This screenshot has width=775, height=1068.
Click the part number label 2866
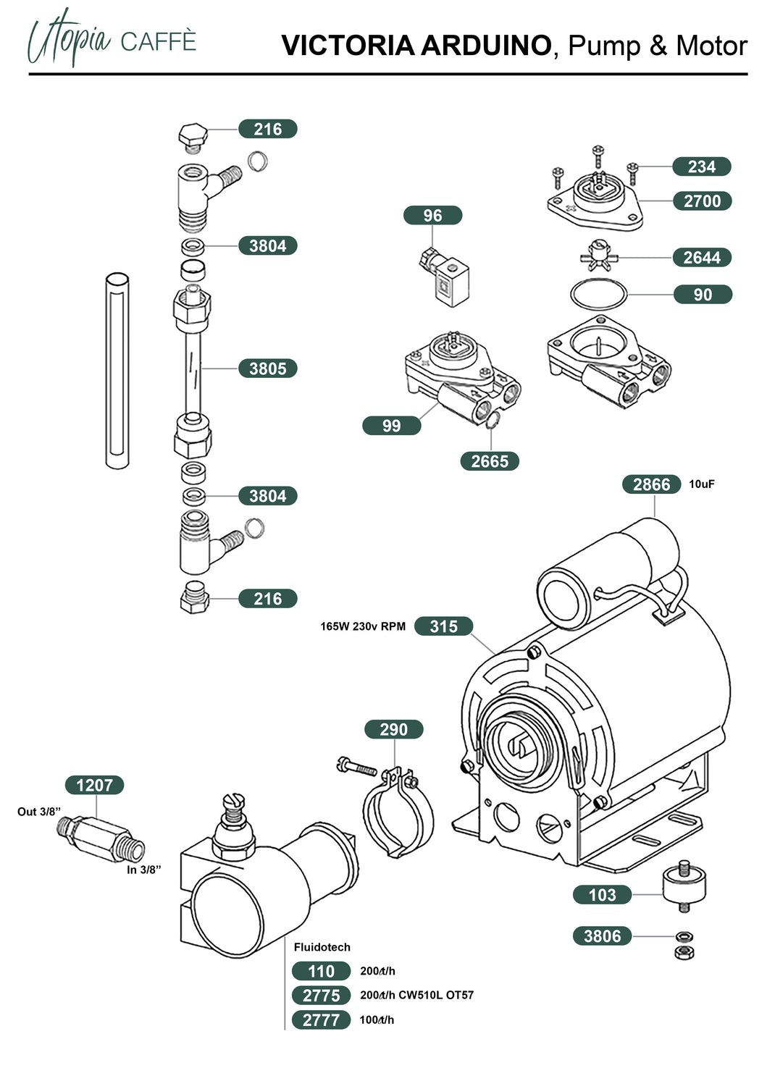[651, 484]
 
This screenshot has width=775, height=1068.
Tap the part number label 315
[443, 626]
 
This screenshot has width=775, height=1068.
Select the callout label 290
[393, 729]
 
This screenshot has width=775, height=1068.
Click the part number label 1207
[94, 785]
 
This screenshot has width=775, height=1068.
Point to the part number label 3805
[267, 369]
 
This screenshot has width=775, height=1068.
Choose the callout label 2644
[702, 258]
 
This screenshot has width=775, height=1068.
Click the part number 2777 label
[321, 1020]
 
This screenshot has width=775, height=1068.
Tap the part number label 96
[432, 216]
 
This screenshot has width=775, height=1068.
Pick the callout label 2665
[490, 461]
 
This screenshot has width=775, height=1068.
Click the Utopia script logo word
[69, 38]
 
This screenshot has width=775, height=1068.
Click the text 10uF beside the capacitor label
[701, 484]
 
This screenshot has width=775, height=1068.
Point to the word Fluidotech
[322, 947]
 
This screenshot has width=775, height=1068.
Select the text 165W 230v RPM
[363, 626]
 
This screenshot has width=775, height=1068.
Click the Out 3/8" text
[39, 812]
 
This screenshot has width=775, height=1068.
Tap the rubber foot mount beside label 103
[684, 884]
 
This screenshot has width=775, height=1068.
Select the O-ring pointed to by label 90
[598, 295]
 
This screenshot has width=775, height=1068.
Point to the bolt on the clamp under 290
[356, 765]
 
